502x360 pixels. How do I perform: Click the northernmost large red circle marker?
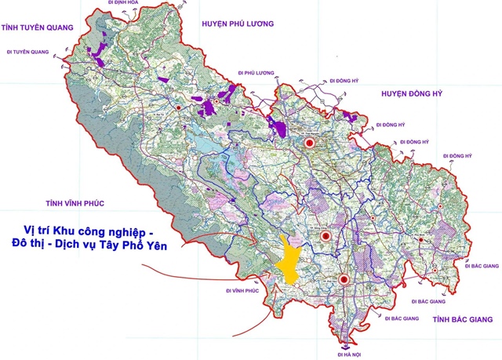point(309,143)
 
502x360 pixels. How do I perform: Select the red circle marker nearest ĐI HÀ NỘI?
point(344,280)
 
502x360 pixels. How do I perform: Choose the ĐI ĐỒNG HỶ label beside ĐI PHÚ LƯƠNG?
point(343,81)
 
